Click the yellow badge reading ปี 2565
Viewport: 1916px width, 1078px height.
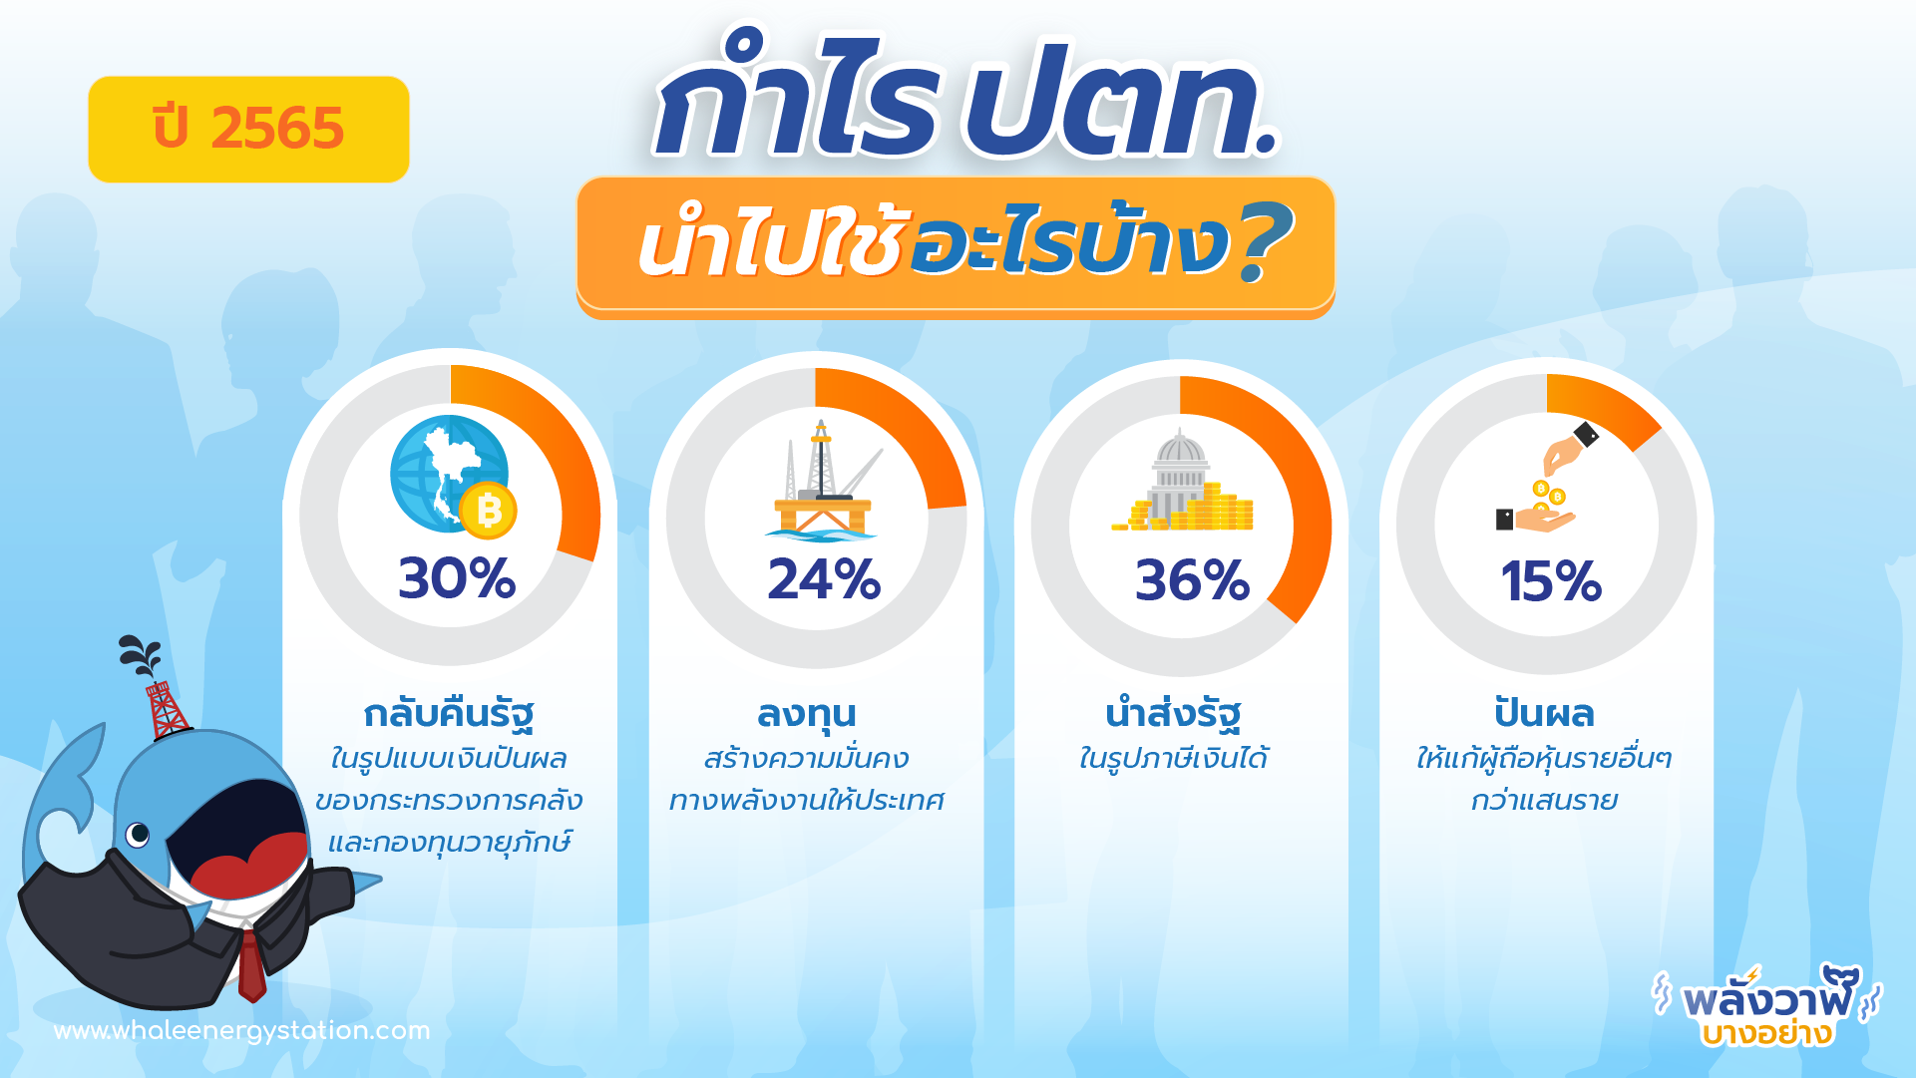pos(248,130)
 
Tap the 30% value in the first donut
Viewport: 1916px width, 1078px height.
pos(457,578)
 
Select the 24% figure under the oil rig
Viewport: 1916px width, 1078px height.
pos(824,579)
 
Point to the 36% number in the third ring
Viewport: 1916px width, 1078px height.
pos(1192,580)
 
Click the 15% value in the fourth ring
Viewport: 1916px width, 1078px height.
pos(1551,581)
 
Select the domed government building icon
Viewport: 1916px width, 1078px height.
pos(1183,481)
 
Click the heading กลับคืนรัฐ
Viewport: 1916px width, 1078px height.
pos(449,714)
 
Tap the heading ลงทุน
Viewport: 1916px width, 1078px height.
pos(807,714)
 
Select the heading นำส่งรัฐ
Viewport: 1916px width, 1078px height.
pos(1173,714)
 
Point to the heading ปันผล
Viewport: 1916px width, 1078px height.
pos(1544,713)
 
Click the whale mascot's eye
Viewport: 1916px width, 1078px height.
pos(138,833)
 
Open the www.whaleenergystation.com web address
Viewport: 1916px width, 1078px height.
pos(242,1031)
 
